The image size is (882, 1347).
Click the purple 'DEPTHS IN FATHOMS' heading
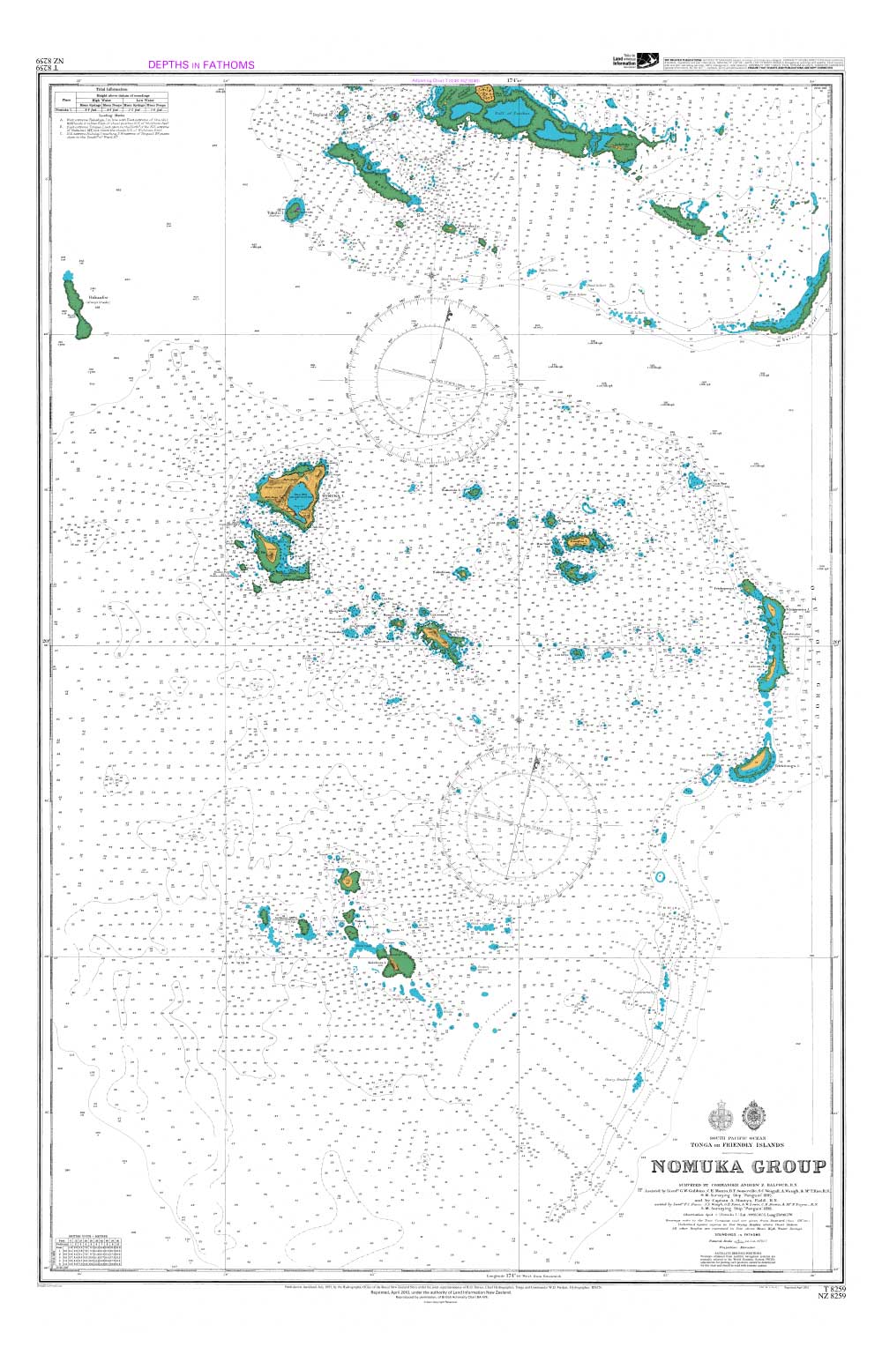tap(201, 64)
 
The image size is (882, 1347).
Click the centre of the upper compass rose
tap(431, 380)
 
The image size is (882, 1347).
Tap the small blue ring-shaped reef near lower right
tap(661, 877)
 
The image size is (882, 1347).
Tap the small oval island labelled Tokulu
tap(293, 209)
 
